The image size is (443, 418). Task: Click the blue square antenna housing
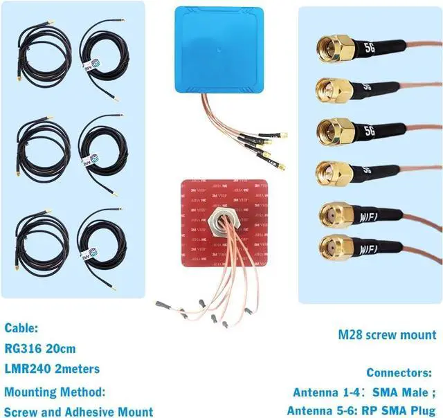coord(217,48)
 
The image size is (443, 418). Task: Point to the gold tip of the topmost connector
coord(324,48)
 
